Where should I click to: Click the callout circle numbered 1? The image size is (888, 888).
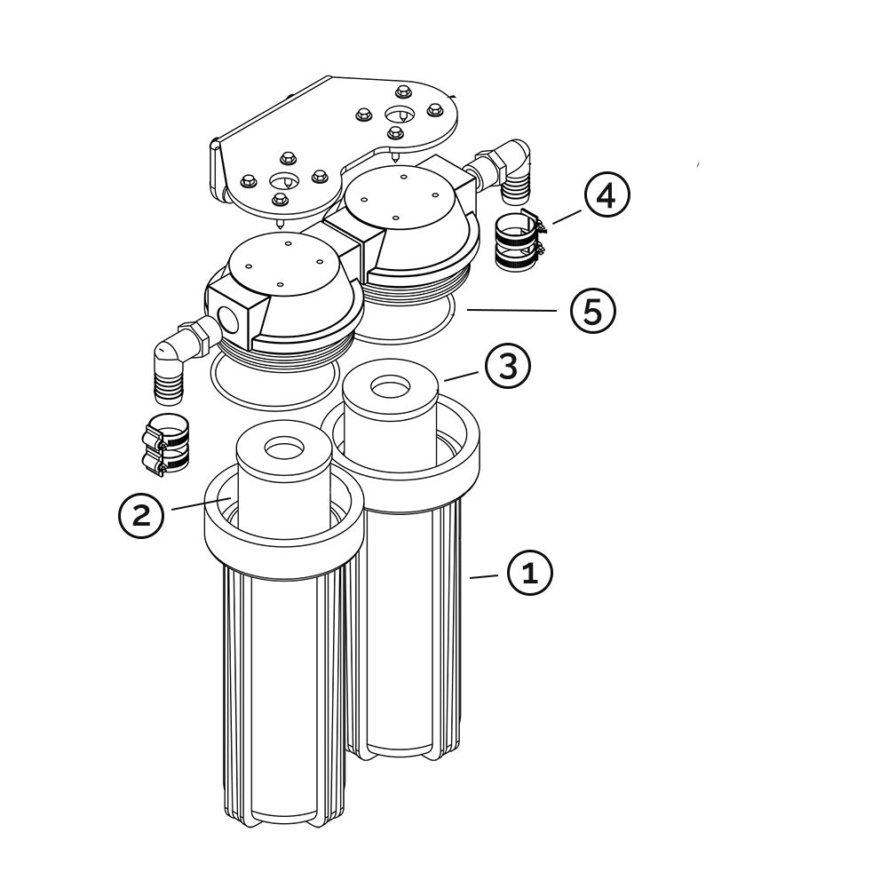[x=529, y=573]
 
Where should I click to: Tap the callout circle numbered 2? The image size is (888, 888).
[x=141, y=515]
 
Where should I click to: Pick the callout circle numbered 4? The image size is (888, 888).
[x=607, y=196]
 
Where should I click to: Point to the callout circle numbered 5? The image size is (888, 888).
[x=592, y=310]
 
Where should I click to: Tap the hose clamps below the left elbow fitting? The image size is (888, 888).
[x=164, y=445]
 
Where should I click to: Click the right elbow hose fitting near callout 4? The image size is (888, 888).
[x=502, y=170]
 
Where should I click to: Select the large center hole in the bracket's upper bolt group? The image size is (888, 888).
[x=400, y=115]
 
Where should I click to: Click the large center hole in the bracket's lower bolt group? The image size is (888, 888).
[x=285, y=181]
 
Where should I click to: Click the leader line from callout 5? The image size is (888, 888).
[x=511, y=310]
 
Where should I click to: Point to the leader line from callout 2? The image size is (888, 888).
[x=201, y=504]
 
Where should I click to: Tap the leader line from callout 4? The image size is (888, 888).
[x=567, y=217]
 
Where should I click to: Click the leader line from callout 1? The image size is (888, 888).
[x=484, y=576]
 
